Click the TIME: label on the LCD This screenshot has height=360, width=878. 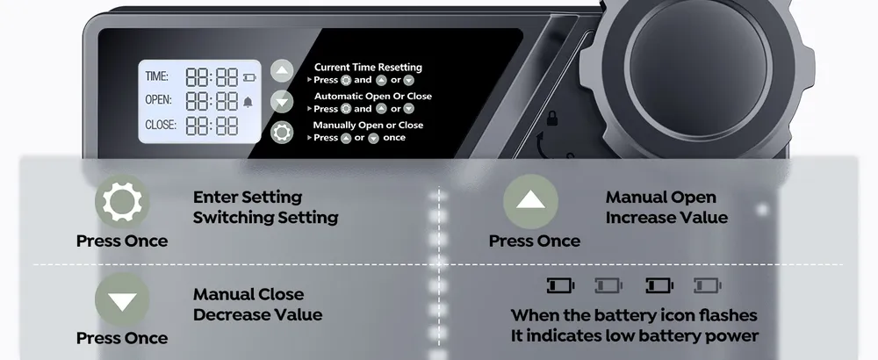[x=157, y=76]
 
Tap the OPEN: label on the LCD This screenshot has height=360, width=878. [x=158, y=99]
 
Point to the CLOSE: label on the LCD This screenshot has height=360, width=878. [x=161, y=125]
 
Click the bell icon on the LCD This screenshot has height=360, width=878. [x=248, y=101]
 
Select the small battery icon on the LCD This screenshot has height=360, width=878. [x=249, y=77]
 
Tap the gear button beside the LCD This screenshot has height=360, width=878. [x=282, y=133]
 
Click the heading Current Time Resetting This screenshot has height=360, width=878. [x=368, y=68]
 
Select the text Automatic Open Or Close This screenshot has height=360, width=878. [x=373, y=97]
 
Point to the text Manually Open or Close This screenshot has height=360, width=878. [x=368, y=125]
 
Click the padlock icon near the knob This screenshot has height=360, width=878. [x=552, y=119]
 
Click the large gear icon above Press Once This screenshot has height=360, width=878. [x=122, y=202]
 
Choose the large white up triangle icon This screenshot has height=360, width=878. [x=530, y=200]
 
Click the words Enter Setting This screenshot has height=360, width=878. [x=248, y=197]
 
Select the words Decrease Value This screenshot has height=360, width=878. [x=257, y=314]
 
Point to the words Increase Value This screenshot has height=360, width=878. [x=666, y=217]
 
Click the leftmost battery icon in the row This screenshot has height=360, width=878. [x=560, y=285]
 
